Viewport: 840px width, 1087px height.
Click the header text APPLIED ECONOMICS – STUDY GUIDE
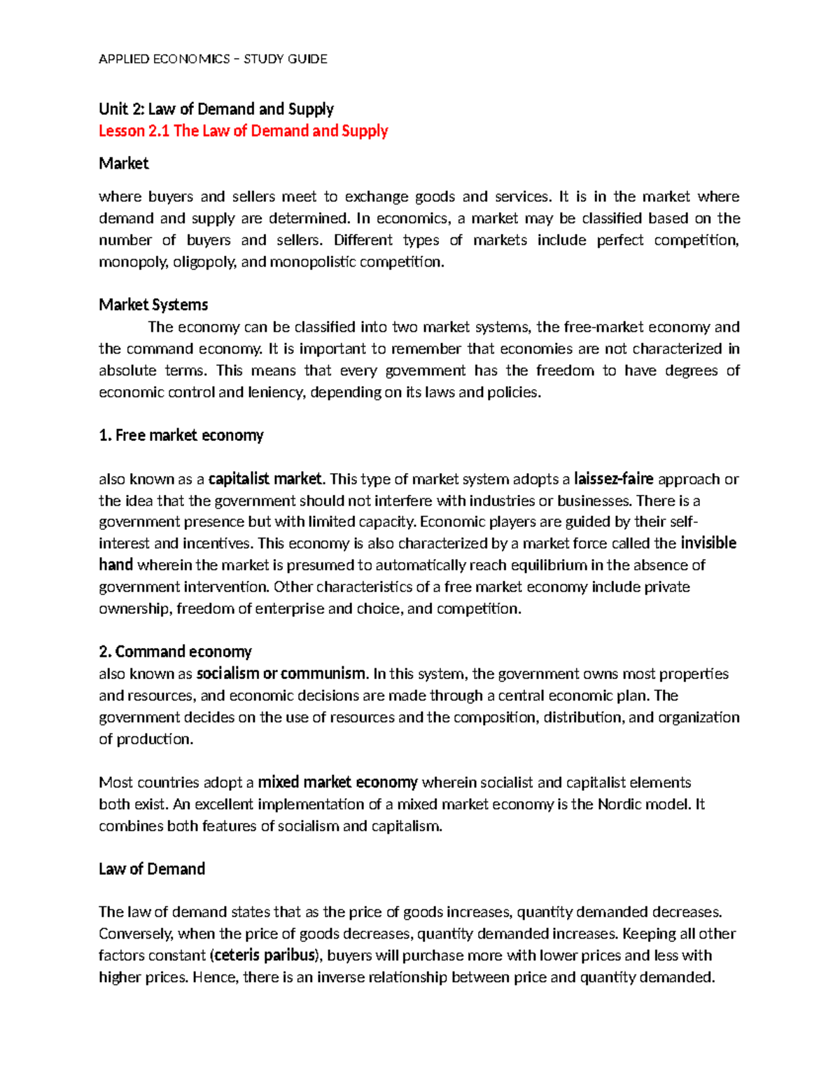213,59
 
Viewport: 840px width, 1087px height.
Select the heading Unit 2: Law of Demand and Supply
216,108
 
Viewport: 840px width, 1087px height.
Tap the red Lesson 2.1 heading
243,131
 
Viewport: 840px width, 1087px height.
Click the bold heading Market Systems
153,304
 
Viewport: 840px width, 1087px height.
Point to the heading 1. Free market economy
181,435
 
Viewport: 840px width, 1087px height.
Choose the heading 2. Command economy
175,652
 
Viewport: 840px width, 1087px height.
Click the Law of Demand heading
152,869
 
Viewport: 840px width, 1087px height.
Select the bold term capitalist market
265,479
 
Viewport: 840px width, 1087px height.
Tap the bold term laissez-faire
613,479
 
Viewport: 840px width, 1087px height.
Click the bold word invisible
708,543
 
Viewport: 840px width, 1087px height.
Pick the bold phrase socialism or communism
281,674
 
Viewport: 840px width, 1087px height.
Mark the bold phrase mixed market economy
337,783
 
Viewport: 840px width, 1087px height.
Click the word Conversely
136,934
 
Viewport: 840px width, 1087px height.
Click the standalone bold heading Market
124,164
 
